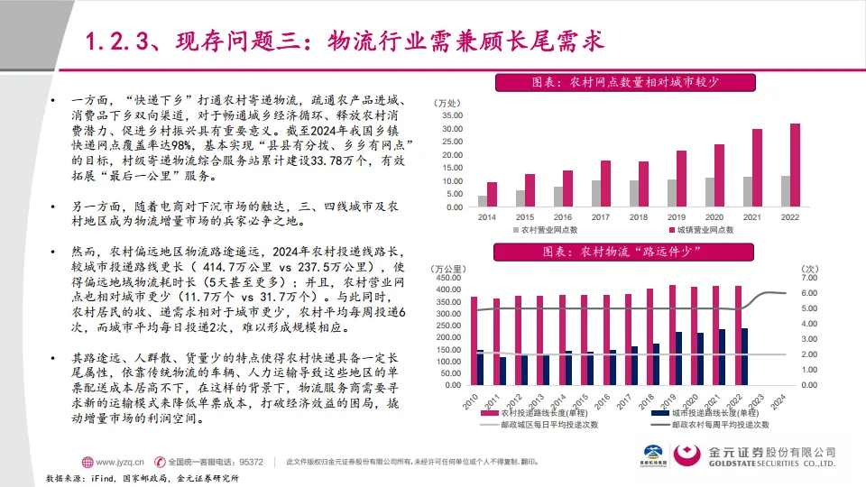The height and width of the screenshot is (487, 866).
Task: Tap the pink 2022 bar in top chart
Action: point(795,165)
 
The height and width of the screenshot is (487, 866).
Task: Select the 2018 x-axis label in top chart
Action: point(639,217)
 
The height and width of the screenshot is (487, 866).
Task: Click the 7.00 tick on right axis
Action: point(809,279)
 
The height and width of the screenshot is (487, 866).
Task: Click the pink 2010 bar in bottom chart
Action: point(474,340)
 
